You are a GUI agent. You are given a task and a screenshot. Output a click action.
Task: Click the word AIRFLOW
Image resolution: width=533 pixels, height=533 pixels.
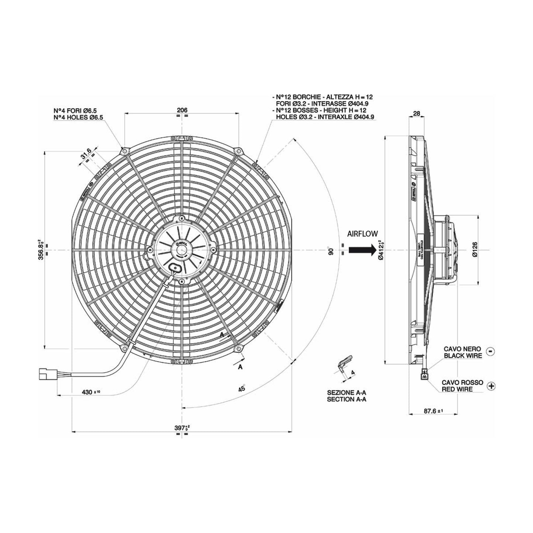(362, 233)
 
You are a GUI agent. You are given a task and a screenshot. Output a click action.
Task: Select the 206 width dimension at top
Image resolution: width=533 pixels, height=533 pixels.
(182, 110)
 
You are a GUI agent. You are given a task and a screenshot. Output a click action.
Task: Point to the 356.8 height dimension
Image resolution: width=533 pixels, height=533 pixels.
(42, 250)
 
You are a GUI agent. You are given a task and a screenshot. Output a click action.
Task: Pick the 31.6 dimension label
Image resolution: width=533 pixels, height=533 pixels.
(86, 154)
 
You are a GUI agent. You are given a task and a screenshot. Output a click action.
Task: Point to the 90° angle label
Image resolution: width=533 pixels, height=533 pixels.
(331, 251)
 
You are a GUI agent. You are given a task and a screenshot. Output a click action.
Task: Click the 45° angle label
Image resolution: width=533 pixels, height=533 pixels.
(242, 388)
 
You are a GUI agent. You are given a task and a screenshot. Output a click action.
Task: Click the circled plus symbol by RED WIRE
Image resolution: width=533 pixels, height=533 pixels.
(491, 386)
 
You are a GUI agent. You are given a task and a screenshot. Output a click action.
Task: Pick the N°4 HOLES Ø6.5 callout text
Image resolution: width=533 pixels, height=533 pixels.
(78, 117)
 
